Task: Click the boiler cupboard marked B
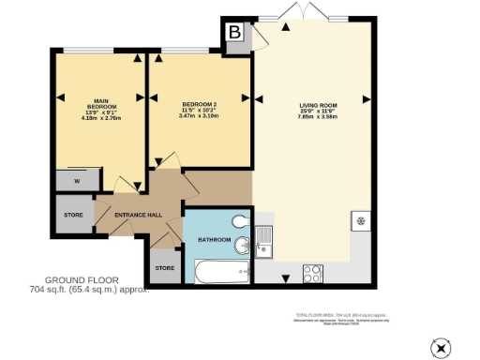235,31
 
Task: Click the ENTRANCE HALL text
138,216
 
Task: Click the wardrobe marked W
73,181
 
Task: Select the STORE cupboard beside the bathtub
165,268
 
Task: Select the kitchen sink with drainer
265,242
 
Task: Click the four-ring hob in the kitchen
313,273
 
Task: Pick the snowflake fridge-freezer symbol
359,221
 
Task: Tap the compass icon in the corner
441,348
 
